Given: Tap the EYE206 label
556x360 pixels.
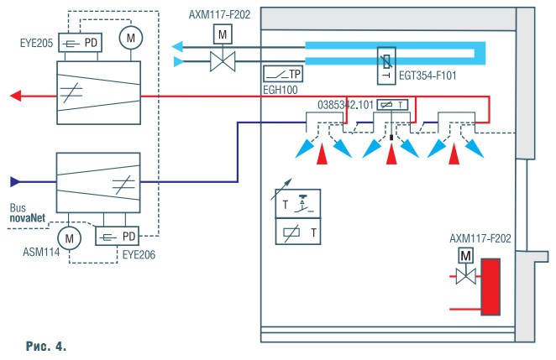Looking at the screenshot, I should point(118,249).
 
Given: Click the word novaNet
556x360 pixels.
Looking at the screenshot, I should point(29,219).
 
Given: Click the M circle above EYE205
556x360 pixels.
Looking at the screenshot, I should point(129,37).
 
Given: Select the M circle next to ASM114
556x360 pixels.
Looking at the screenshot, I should point(71,238).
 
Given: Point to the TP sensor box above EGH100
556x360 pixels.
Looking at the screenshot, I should point(283,74).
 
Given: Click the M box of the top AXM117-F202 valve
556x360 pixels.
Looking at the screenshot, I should point(223,34).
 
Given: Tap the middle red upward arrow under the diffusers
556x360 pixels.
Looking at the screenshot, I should point(389,154).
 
